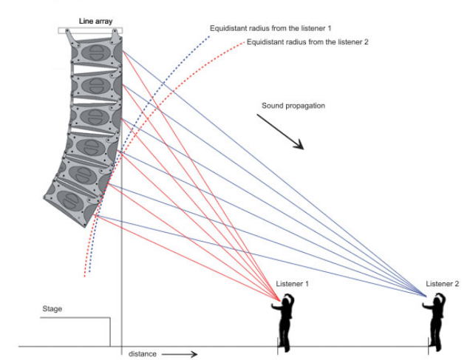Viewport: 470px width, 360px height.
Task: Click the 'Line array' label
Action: [90, 21]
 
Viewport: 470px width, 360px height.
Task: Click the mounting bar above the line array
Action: [90, 30]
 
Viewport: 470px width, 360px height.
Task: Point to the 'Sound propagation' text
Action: [293, 106]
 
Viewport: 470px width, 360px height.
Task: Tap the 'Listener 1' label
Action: [293, 284]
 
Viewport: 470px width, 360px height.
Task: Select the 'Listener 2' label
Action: [442, 284]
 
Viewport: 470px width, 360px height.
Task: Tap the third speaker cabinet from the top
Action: [94, 115]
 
